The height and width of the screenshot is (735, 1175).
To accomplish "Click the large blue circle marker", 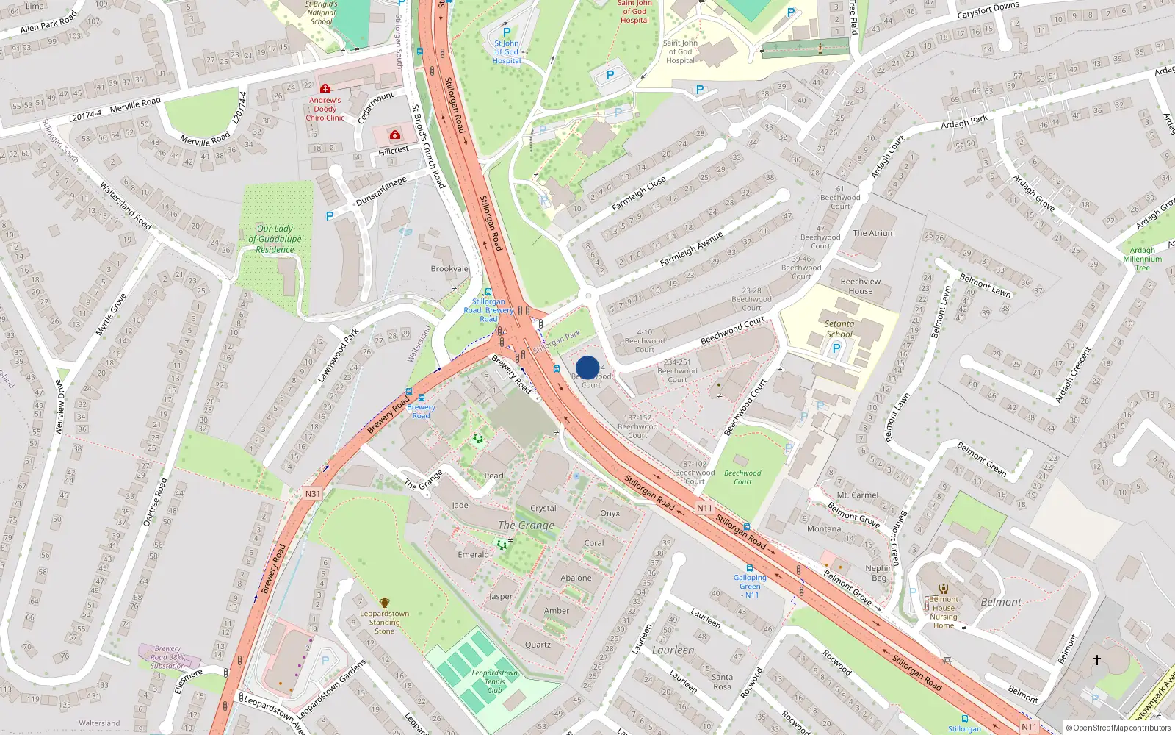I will click(x=587, y=367).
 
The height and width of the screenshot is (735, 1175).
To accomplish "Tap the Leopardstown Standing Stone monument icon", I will click(x=384, y=603).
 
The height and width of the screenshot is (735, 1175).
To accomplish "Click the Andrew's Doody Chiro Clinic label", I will click(x=325, y=109).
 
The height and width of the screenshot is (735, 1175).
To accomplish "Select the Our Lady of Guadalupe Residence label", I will click(x=275, y=239).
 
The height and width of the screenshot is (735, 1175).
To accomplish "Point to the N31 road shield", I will click(x=313, y=493).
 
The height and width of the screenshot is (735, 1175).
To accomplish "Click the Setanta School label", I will click(x=839, y=329).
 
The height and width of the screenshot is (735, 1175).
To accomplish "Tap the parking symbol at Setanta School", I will click(x=836, y=349).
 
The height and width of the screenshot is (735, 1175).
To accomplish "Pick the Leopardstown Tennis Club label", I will click(x=495, y=681).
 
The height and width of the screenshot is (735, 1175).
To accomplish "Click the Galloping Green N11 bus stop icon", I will click(x=750, y=568).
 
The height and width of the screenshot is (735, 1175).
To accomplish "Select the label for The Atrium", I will click(x=874, y=233).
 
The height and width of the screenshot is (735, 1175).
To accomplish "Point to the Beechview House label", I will click(x=861, y=286).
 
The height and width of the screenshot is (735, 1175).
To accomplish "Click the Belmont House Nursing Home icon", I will click(x=944, y=589).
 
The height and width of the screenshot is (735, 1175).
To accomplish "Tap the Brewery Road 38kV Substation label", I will click(x=167, y=657).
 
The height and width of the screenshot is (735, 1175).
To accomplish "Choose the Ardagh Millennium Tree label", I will click(x=1143, y=259).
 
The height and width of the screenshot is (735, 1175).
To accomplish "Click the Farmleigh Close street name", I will click(x=639, y=193).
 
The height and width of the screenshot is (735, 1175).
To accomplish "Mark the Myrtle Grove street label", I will click(x=111, y=315).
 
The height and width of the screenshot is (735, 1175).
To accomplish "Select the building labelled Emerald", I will click(x=473, y=554).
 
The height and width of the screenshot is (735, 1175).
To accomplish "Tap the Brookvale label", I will click(x=449, y=269).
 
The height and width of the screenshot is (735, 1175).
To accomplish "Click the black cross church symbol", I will click(x=1097, y=660).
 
